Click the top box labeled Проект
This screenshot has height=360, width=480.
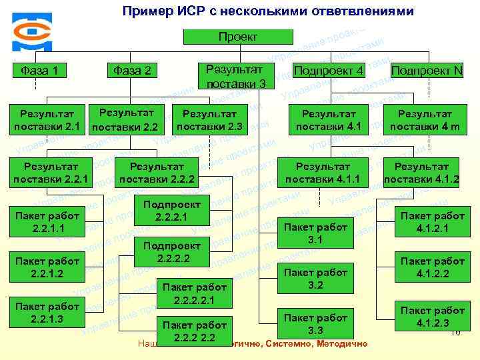237,37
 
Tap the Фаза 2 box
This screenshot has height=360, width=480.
132,70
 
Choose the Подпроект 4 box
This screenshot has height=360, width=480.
328,70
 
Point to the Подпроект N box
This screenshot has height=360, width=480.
426,70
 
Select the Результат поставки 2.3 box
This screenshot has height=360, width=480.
209,120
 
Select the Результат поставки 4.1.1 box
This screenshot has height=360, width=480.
323,173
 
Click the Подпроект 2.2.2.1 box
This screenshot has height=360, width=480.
172,211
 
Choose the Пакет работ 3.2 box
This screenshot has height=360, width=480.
315,278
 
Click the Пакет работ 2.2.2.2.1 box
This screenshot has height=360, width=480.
195,293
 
